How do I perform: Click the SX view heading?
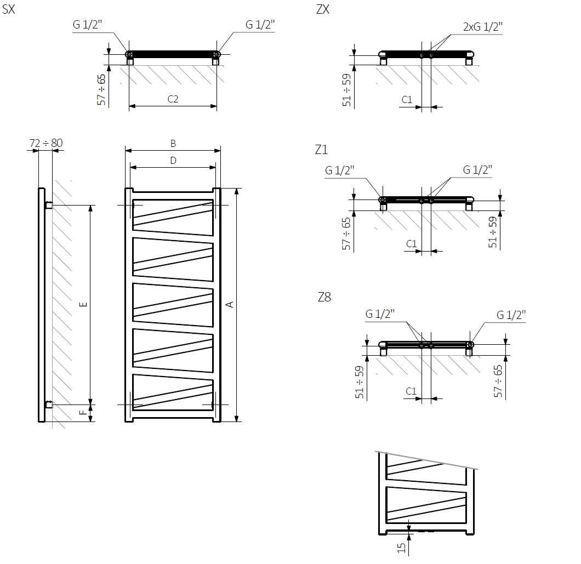point(9,9)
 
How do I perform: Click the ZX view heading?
point(323,9)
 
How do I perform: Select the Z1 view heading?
point(321,149)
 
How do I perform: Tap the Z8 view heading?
point(324,297)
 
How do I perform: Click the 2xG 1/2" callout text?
point(483,27)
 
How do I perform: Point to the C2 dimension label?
point(173,99)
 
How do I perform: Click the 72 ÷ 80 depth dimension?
point(46,143)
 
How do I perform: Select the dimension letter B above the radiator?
point(173,144)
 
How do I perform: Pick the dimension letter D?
point(173,161)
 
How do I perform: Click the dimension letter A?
point(229,305)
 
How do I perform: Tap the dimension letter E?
point(83,305)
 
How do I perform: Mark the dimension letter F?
point(83,413)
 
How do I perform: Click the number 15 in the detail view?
point(401,548)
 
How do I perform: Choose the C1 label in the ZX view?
point(407,99)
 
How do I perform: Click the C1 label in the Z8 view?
point(411,391)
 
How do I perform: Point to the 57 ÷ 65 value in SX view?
point(101,90)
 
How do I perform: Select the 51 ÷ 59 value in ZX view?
point(346,90)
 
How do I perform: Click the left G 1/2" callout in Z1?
point(340,170)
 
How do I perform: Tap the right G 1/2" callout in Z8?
point(511,315)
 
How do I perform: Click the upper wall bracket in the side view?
point(49,205)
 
